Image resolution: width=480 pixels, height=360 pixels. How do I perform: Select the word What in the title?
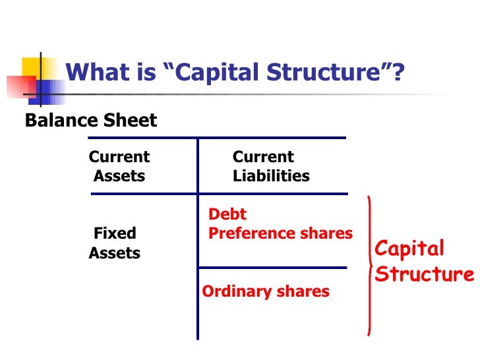[92, 73]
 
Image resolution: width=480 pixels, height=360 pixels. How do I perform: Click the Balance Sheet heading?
[91, 121]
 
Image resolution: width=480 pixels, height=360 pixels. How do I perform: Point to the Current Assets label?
[119, 167]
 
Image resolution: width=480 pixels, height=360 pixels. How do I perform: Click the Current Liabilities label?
[270, 167]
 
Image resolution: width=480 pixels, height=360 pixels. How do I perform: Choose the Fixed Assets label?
[115, 243]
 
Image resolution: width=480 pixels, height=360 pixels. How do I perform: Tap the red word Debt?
[227, 214]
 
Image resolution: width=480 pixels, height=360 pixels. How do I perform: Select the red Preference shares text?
[280, 233]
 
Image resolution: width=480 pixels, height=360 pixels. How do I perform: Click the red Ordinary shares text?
[265, 291]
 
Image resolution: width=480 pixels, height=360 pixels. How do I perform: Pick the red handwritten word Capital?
[409, 249]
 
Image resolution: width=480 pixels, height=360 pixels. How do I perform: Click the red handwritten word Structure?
[424, 274]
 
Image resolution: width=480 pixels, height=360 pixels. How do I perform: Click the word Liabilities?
[271, 177]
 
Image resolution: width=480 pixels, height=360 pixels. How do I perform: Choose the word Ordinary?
[231, 291]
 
